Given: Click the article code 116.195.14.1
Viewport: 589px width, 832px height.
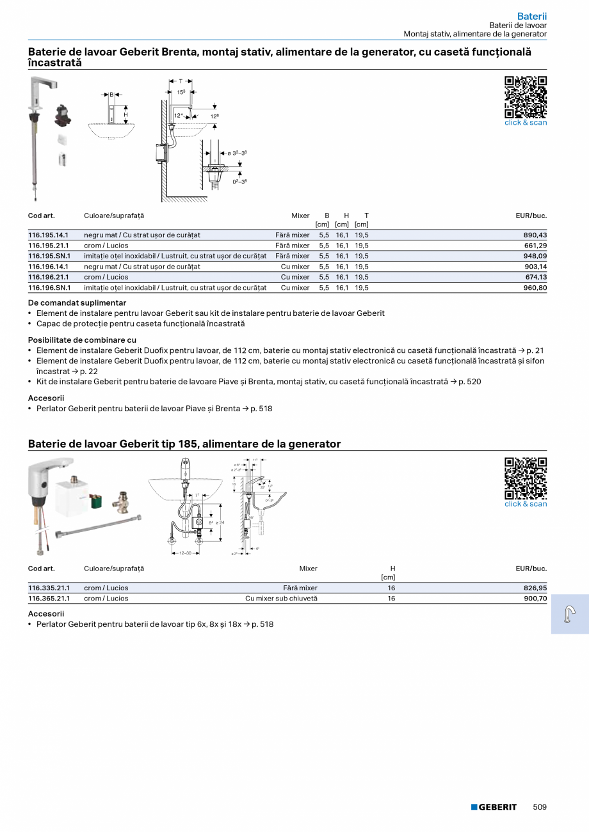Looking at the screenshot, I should coord(48,235).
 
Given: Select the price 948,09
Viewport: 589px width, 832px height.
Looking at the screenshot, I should coord(535,256).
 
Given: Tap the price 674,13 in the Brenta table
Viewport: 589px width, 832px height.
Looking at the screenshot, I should coord(535,277).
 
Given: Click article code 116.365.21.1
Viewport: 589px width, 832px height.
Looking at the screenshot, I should coord(49,599).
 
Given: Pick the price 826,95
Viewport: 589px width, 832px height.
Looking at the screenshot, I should coord(535,588).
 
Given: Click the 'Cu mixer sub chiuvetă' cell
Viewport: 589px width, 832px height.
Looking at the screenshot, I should coord(281,599).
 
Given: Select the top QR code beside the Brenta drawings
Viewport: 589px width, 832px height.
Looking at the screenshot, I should coord(526,97).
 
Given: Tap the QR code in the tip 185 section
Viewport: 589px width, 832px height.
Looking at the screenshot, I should coord(526,478).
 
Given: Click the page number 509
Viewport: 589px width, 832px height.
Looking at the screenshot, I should coord(540,807).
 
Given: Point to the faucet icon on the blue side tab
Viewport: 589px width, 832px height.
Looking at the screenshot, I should coord(569,614).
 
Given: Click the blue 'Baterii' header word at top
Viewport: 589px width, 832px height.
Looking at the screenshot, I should coord(531,17).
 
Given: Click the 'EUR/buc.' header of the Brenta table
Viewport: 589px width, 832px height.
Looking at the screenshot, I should coord(531,216).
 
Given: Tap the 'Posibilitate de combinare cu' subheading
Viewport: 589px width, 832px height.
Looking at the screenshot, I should coord(82,340).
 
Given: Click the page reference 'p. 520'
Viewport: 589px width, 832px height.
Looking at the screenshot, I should coord(470,382).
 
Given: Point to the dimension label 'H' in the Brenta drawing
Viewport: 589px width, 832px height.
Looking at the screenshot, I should coord(125,114).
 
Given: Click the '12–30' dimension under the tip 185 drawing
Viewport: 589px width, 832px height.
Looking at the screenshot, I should coord(184,553).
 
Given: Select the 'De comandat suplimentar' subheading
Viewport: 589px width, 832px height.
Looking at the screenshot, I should coord(77,303).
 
